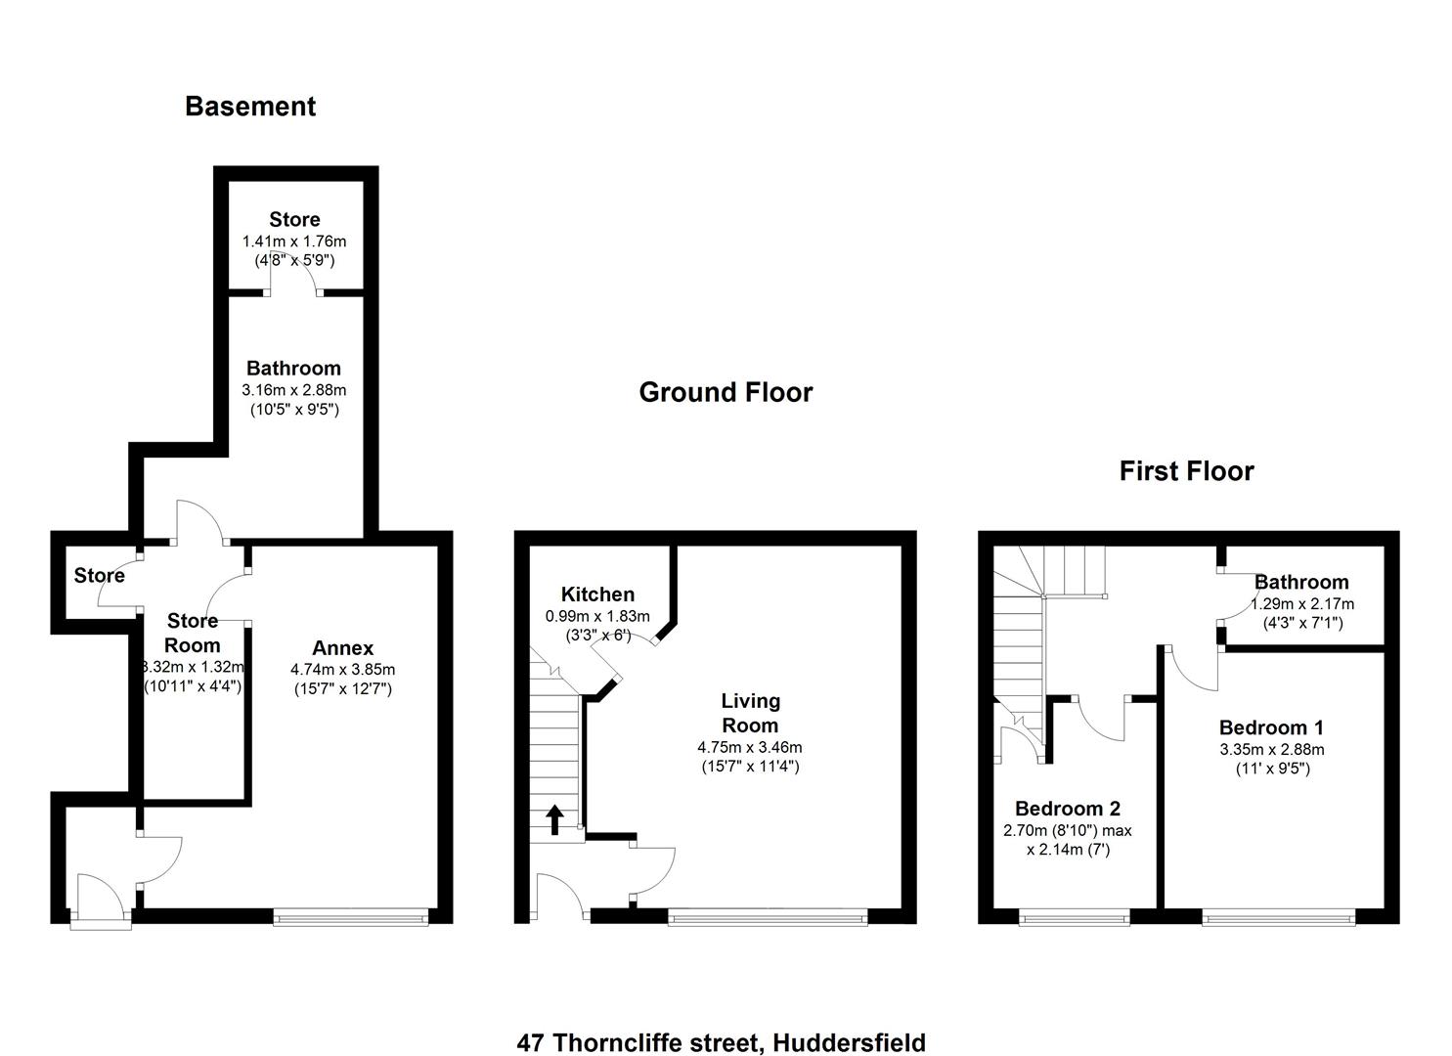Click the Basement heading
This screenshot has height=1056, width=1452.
click(x=250, y=107)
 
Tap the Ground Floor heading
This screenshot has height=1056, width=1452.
click(x=726, y=393)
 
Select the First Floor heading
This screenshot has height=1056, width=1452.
click(x=1186, y=471)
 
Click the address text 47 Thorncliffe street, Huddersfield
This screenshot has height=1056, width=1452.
click(x=721, y=1042)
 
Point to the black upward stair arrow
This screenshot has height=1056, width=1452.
click(x=554, y=819)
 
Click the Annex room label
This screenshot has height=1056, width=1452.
click(x=342, y=648)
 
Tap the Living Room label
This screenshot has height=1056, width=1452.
click(x=750, y=713)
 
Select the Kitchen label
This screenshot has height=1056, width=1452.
click(x=597, y=594)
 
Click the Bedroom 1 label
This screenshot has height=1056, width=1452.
click(x=1271, y=727)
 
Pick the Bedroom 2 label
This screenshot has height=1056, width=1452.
click(x=1068, y=809)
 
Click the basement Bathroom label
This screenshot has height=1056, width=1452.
click(x=293, y=369)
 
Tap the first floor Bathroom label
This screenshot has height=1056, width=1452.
click(x=1301, y=583)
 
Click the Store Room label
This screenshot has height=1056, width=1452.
click(x=193, y=633)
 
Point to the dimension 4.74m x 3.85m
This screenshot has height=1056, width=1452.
click(x=342, y=670)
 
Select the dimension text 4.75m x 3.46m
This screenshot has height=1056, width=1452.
click(x=750, y=747)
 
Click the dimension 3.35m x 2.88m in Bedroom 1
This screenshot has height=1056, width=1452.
click(x=1271, y=749)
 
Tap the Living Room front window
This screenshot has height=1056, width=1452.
click(x=768, y=917)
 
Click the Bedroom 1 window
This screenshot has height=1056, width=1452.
click(x=1278, y=917)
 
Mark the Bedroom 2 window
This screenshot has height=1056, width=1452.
click(x=1074, y=917)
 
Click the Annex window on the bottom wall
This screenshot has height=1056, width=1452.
click(x=350, y=917)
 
